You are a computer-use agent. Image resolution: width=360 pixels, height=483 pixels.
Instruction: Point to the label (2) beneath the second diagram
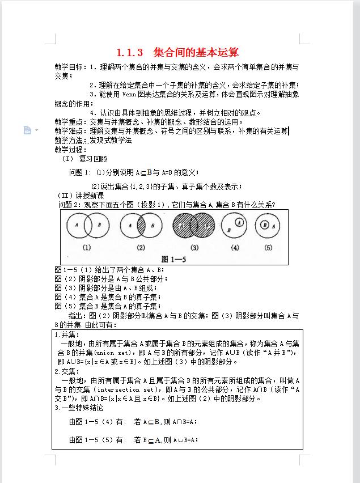click(141, 247)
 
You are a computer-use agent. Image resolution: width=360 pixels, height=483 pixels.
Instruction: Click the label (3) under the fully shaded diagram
click(194, 247)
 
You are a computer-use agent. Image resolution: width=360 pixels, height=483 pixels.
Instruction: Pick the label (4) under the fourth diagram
click(235, 247)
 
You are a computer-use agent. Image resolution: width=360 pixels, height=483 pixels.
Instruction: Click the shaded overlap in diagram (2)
click(141, 227)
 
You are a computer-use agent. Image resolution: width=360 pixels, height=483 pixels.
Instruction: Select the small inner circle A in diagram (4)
click(240, 223)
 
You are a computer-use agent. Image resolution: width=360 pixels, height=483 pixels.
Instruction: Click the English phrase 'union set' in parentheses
click(110, 353)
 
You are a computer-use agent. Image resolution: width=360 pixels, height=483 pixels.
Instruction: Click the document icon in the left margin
click(27, 130)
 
